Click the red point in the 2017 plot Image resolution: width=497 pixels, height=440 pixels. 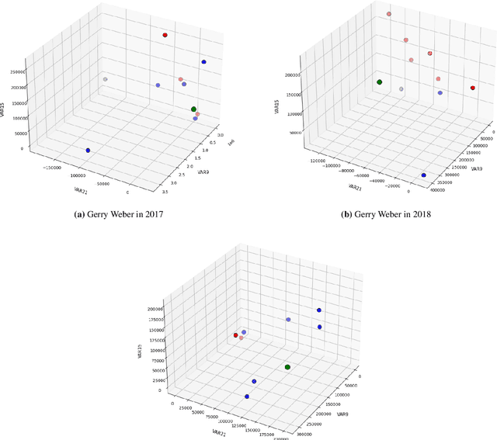click(165, 36)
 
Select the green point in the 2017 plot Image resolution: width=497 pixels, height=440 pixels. click(193, 109)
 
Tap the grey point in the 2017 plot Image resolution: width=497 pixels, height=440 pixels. click(105, 79)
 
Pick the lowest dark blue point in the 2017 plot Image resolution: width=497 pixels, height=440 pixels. click(88, 151)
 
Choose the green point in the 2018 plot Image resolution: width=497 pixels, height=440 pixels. click(380, 82)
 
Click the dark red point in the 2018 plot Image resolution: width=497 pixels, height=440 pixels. click(473, 88)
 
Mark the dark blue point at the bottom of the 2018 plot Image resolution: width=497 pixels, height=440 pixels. click(424, 175)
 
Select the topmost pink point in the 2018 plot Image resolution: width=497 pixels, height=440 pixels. click(389, 14)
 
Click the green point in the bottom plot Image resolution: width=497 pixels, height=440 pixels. click(287, 367)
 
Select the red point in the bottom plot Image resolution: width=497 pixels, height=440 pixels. click(235, 335)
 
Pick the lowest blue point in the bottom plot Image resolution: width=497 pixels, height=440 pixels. click(247, 397)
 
